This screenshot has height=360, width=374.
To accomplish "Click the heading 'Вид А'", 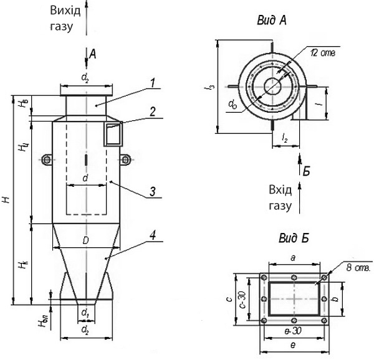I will (271, 20).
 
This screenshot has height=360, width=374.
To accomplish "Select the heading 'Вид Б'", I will (292, 239).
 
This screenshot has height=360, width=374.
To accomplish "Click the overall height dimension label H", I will (6, 200).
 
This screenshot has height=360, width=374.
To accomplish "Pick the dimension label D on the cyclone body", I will (85, 240).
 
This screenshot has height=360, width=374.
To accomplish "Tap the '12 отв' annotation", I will (323, 53).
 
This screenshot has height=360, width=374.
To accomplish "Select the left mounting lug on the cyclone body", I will (47, 160).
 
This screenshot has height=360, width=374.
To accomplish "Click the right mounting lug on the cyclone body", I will (125, 160).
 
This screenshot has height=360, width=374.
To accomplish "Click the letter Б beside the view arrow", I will (306, 169).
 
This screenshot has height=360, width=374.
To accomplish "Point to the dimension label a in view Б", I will (294, 257).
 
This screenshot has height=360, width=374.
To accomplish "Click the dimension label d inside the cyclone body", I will (85, 179).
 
